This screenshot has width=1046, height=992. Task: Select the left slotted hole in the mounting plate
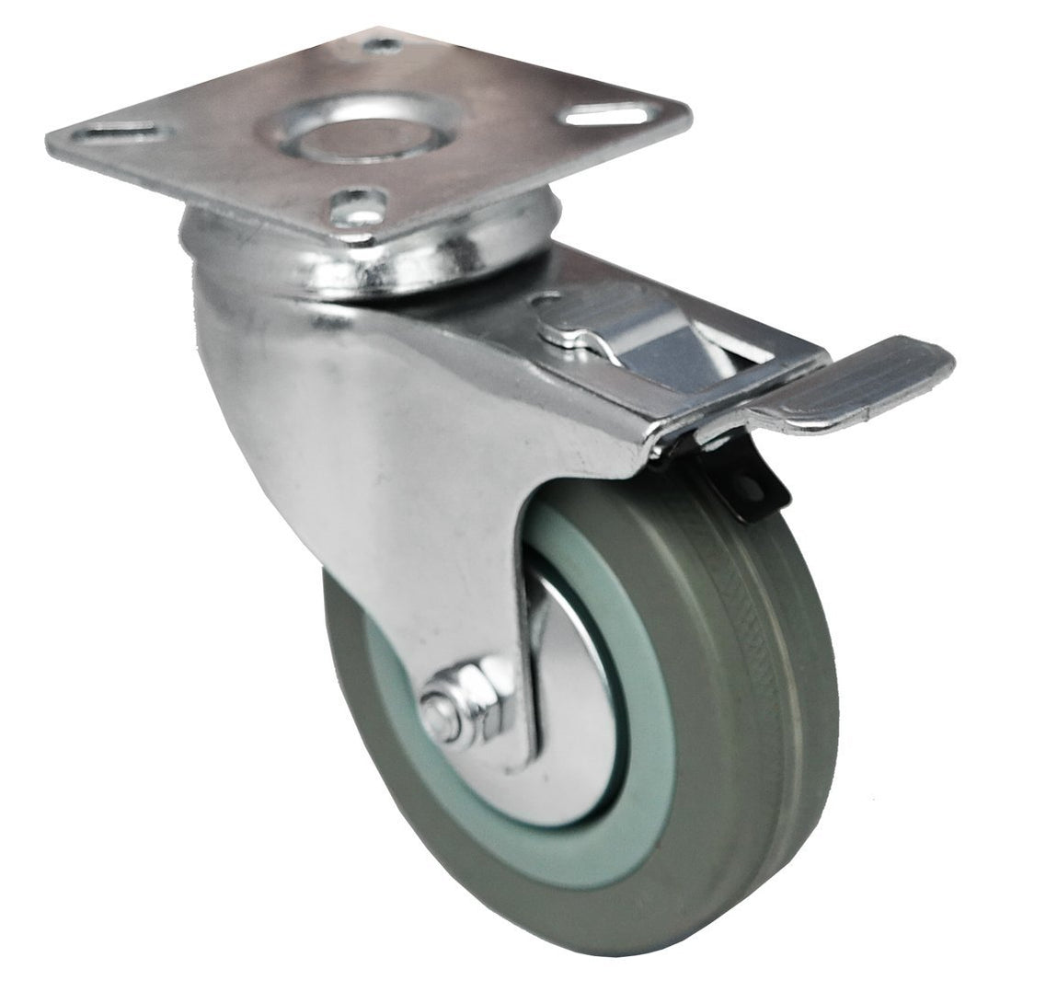(x=120, y=134)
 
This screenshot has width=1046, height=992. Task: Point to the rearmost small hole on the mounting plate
(x=382, y=44)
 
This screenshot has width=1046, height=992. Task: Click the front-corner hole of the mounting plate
(x=358, y=203)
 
